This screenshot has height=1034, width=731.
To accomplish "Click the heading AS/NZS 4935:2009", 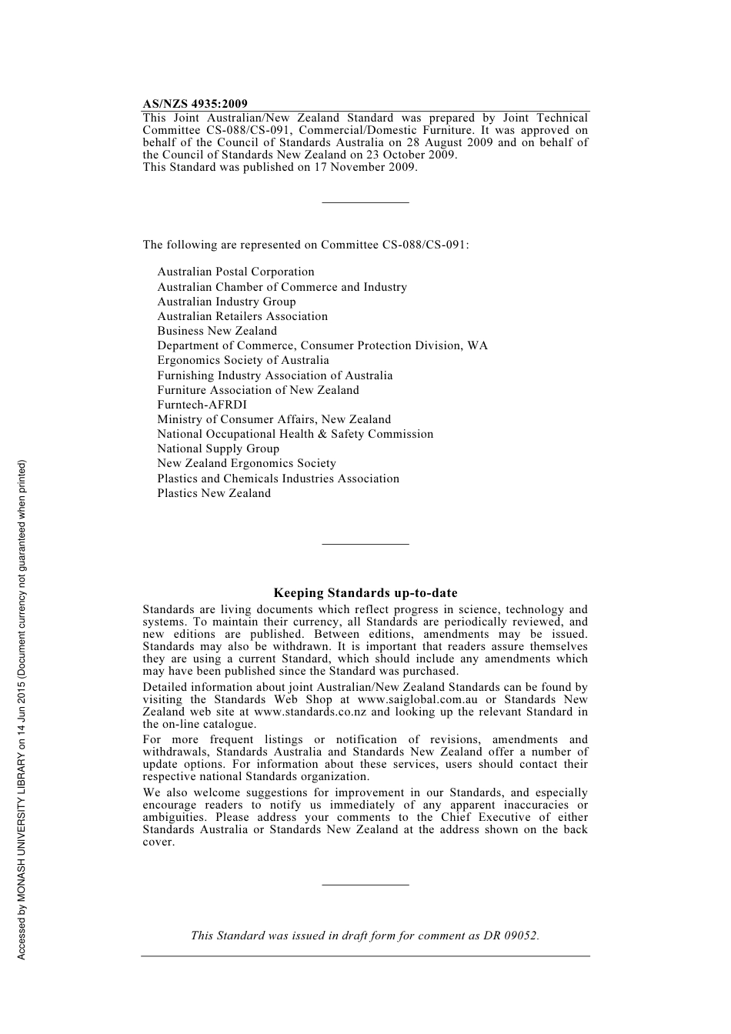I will coord(195,104).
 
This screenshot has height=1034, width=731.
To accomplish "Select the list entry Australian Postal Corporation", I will coord(235,272).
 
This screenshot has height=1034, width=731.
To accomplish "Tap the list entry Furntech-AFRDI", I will coord(202,405).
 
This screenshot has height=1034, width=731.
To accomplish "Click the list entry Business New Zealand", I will coord(217,331).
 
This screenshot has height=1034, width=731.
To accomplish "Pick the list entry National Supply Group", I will coord(218,449).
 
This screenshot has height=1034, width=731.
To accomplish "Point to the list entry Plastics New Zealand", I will coord(214,493).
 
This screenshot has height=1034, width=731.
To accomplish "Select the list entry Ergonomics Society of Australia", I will coord(242,360).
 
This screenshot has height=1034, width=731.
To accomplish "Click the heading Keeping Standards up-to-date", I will coord(365,593).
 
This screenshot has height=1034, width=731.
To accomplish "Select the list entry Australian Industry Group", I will coord(226,302).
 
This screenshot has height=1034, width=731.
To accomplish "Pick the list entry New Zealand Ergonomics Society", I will coord(246,463).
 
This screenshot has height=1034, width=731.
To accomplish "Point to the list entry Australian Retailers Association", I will coord(242,316).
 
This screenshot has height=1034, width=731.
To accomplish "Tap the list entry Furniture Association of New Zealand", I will coord(258,390).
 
